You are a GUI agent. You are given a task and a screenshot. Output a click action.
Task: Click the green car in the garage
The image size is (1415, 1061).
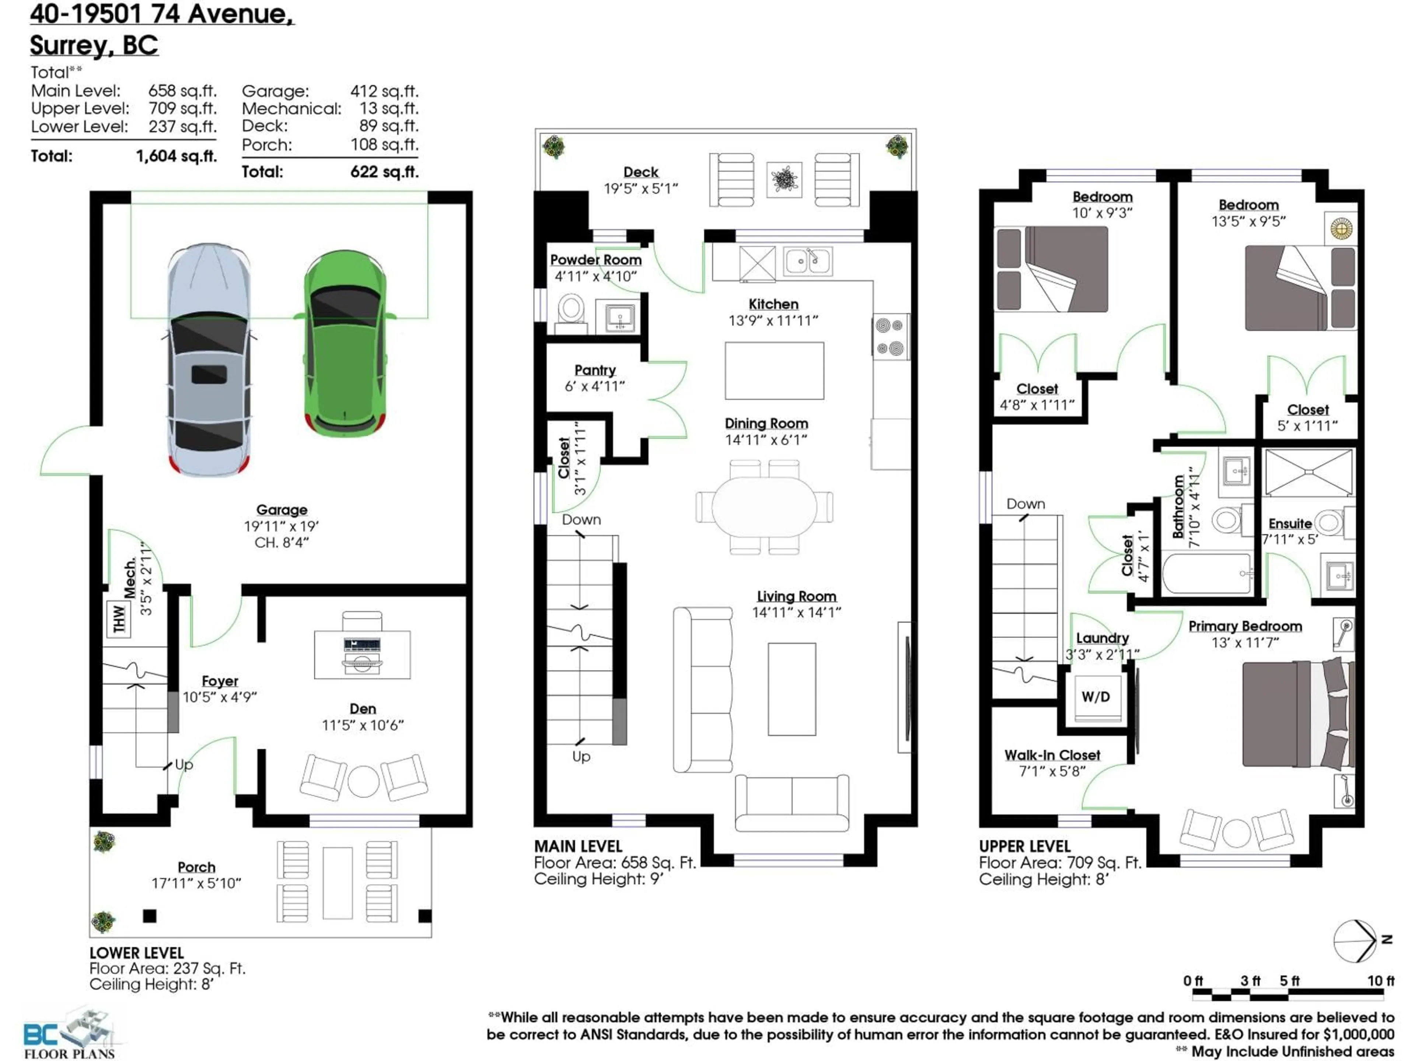click(345, 345)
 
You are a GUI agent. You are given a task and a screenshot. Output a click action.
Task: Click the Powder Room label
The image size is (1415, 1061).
click(595, 260)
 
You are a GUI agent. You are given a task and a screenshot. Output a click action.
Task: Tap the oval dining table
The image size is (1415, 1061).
click(764, 506)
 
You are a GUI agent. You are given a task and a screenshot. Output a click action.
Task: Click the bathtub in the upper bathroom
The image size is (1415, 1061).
click(1206, 574)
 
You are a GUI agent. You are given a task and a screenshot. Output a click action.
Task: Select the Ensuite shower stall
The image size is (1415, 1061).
click(1308, 472)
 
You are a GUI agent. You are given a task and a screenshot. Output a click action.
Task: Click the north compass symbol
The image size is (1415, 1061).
click(1356, 959)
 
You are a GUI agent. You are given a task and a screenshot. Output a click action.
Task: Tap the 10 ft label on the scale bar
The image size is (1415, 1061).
click(1380, 980)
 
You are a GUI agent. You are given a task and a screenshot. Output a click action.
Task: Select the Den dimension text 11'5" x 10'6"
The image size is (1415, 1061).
click(363, 725)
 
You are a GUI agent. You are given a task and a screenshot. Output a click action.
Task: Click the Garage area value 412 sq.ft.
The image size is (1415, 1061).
click(384, 91)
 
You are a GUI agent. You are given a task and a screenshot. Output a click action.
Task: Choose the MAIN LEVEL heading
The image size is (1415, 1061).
click(578, 846)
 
